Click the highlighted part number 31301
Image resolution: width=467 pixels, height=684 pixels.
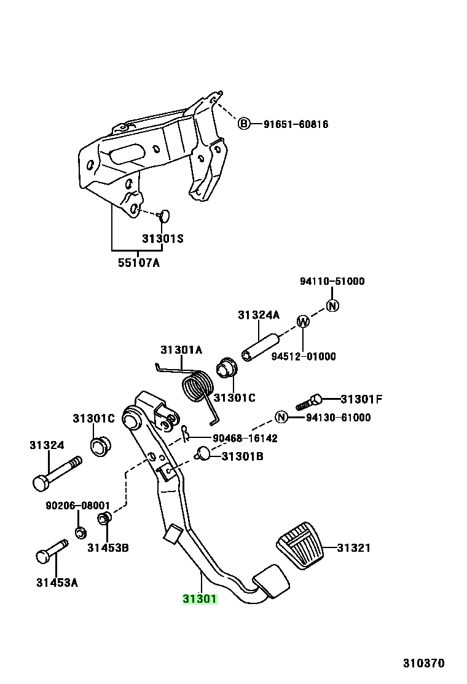pos(200,599)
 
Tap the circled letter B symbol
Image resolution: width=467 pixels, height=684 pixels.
pos(244,124)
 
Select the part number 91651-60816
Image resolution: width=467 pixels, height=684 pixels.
pos(296,124)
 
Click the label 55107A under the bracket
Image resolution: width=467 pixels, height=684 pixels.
pos(138,263)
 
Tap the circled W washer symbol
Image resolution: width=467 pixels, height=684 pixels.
pos(303,322)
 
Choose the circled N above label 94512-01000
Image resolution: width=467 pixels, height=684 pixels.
pos(332,306)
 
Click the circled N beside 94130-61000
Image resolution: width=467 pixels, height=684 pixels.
pos(281,418)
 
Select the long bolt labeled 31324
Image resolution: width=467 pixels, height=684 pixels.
pos(57,472)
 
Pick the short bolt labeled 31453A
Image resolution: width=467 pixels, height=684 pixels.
pos(52,551)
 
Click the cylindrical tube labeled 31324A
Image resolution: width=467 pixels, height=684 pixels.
pos(260,348)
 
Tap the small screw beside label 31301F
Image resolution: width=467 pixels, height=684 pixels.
pos(309,402)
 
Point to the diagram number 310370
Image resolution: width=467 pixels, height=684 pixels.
pos(423,664)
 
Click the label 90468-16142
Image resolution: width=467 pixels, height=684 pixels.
pos(245,438)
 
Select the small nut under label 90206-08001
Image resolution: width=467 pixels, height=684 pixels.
pos(80,533)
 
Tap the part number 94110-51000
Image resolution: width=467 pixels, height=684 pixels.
pos(332,281)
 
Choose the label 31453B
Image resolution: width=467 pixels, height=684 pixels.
pos(108,548)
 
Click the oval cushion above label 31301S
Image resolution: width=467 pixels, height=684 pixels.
pos(163,215)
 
